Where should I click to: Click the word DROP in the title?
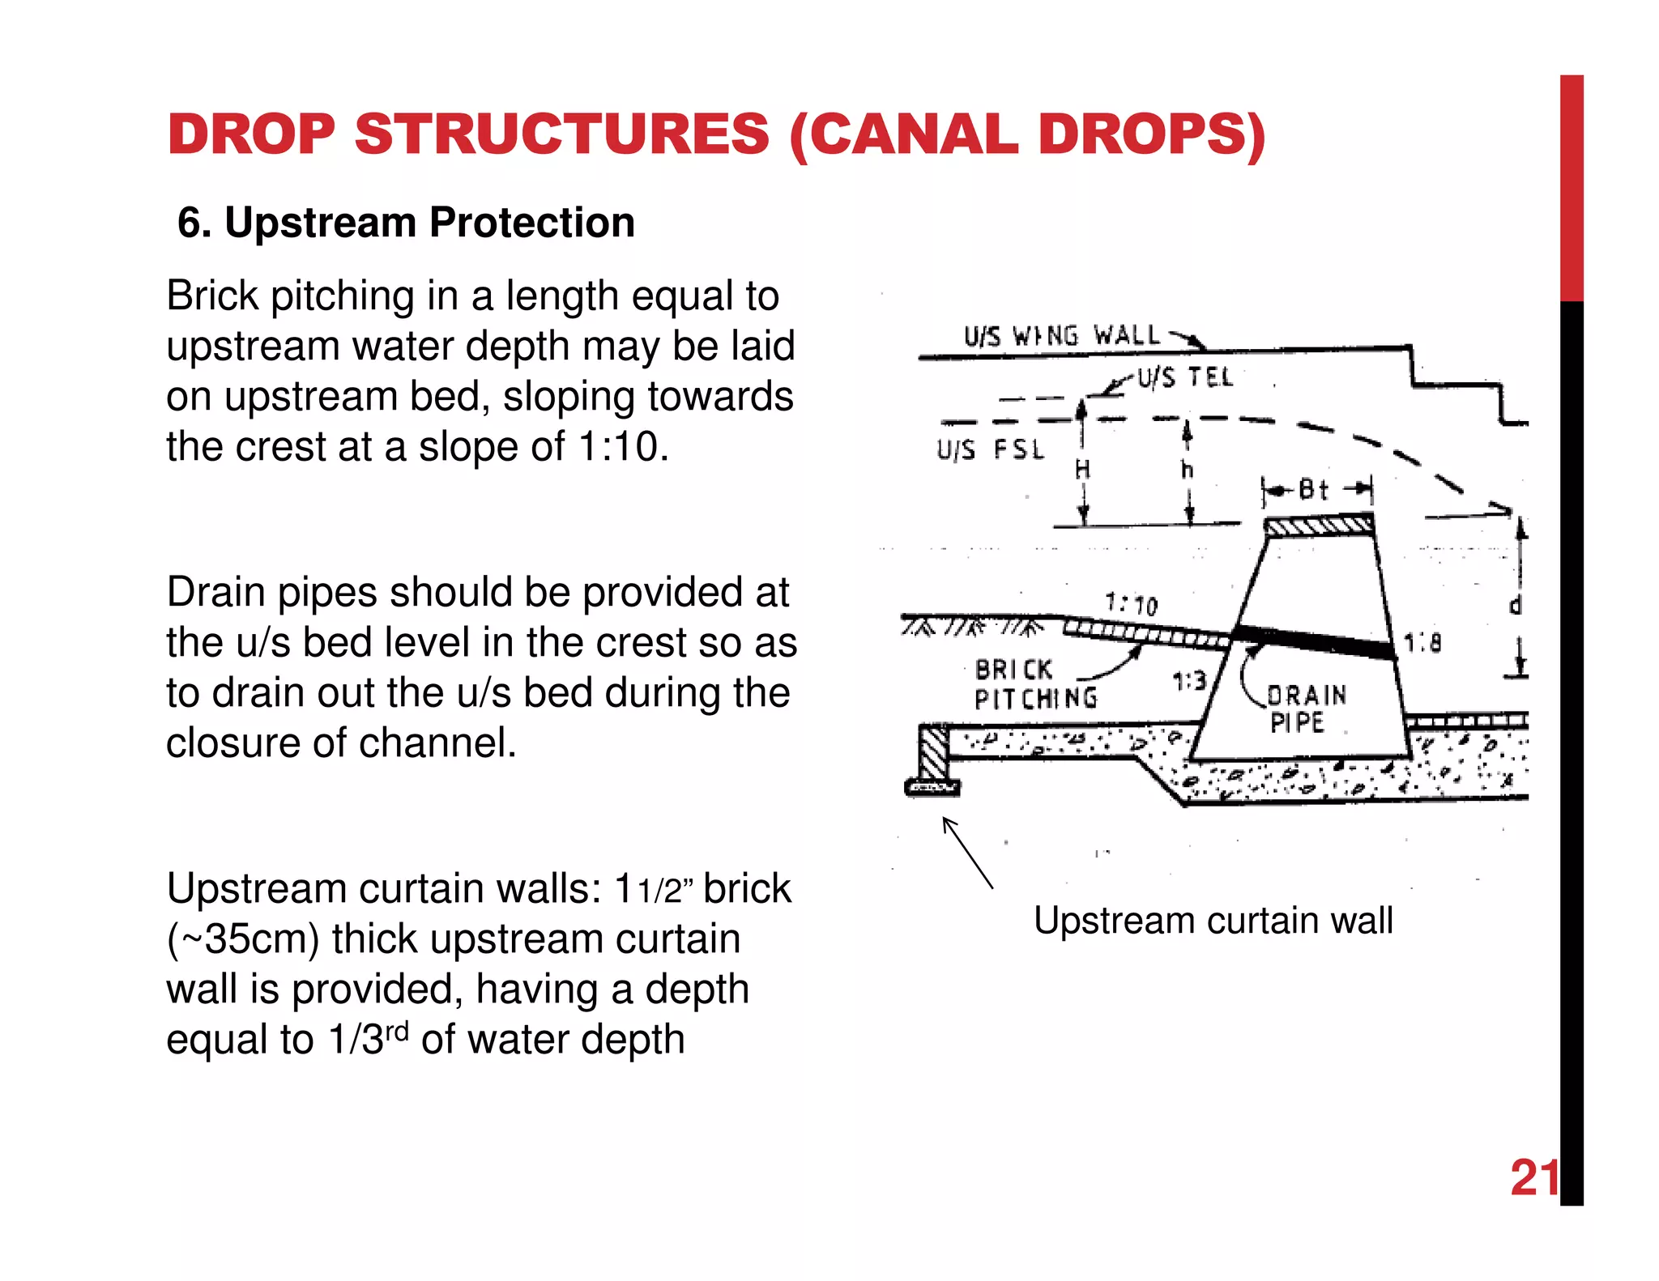(251, 134)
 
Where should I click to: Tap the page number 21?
(1533, 1177)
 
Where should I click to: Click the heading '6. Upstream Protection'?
(406, 223)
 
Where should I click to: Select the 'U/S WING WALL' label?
(1062, 336)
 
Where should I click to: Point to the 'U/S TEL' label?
(1184, 377)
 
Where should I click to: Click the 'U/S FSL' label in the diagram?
(990, 450)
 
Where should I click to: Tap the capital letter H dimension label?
(1082, 470)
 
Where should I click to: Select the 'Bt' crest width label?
(1313, 490)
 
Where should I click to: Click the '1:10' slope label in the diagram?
(1132, 604)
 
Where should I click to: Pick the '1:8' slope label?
(1422, 644)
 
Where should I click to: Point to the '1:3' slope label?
(1189, 682)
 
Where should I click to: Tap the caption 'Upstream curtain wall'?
(1213, 921)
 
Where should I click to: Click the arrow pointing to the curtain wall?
(968, 853)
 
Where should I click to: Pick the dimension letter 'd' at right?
(1515, 605)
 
